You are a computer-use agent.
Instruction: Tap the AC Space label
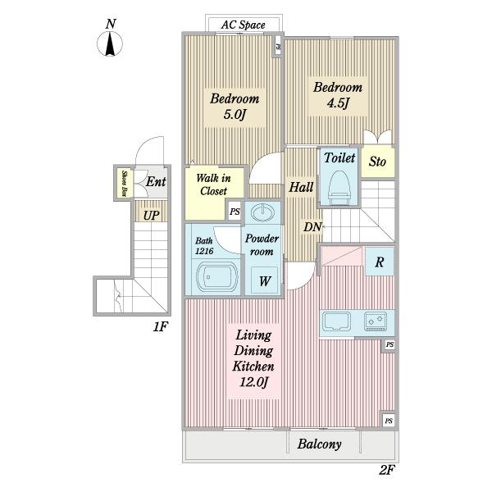point(243,25)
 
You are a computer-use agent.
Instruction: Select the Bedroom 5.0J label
point(235,107)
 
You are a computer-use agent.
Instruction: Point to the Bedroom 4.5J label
point(338,95)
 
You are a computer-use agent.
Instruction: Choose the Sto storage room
point(377,162)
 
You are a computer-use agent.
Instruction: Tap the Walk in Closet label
point(213,184)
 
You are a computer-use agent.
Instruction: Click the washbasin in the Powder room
point(263,212)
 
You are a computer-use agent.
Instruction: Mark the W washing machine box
point(265,280)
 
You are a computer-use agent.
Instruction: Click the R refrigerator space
point(380,262)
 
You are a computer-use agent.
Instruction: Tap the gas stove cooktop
point(376,321)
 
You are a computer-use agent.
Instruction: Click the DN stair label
point(312,226)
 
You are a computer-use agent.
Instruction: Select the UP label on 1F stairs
point(151,216)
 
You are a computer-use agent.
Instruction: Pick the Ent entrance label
point(156,182)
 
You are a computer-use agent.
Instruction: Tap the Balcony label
point(320,444)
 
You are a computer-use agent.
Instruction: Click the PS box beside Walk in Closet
point(235,212)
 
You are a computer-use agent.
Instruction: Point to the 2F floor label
point(386,470)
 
